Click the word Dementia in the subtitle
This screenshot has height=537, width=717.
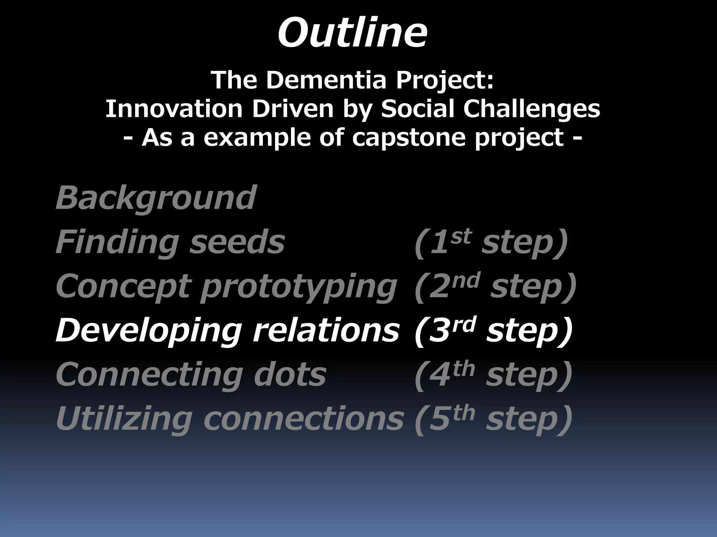[x=326, y=80]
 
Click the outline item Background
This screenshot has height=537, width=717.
[x=156, y=198]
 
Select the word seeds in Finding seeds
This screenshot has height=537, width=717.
[x=237, y=242]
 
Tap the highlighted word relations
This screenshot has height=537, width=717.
[x=326, y=330]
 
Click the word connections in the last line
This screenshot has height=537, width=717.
[x=304, y=419]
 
